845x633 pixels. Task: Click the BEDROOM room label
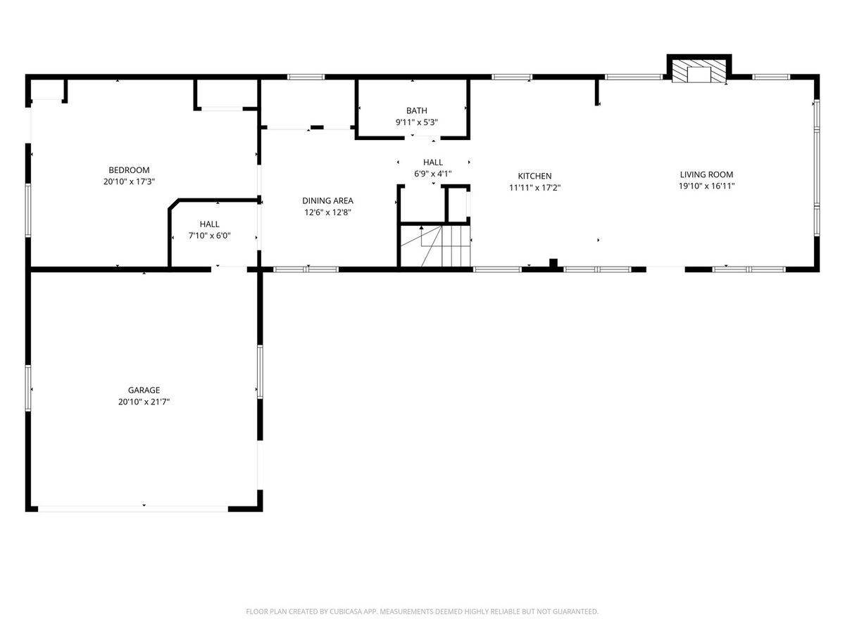pos(129,170)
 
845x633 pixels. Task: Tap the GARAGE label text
pos(144,390)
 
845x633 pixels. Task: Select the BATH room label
pos(417,110)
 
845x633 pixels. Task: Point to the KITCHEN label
pos(534,176)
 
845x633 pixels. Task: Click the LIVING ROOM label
pos(706,174)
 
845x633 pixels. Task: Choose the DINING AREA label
pos(327,200)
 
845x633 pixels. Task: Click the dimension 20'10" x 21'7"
pos(144,402)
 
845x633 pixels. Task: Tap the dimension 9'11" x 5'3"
pos(417,122)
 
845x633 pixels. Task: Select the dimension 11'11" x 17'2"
pos(534,188)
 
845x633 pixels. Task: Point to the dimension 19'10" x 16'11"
pos(706,186)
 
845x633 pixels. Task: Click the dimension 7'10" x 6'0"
pos(209,236)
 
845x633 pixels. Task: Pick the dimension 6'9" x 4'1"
pos(432,174)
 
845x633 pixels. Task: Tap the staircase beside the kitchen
pos(435,246)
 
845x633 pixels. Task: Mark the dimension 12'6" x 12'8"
pos(327,212)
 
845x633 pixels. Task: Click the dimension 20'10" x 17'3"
pos(129,181)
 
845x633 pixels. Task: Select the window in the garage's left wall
pos(28,388)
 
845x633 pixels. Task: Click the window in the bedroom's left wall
pos(28,210)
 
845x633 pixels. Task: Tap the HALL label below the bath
pos(432,162)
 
